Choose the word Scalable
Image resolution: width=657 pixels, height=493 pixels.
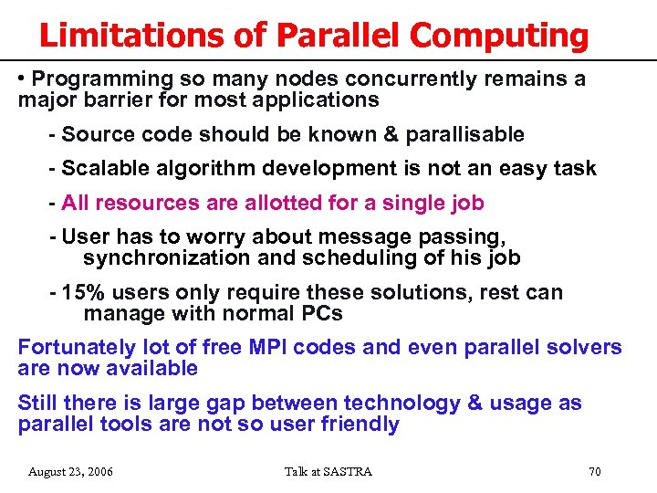tap(101, 168)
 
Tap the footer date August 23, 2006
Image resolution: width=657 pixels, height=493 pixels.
tap(71, 471)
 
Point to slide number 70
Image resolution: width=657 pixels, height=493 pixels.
tap(594, 471)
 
